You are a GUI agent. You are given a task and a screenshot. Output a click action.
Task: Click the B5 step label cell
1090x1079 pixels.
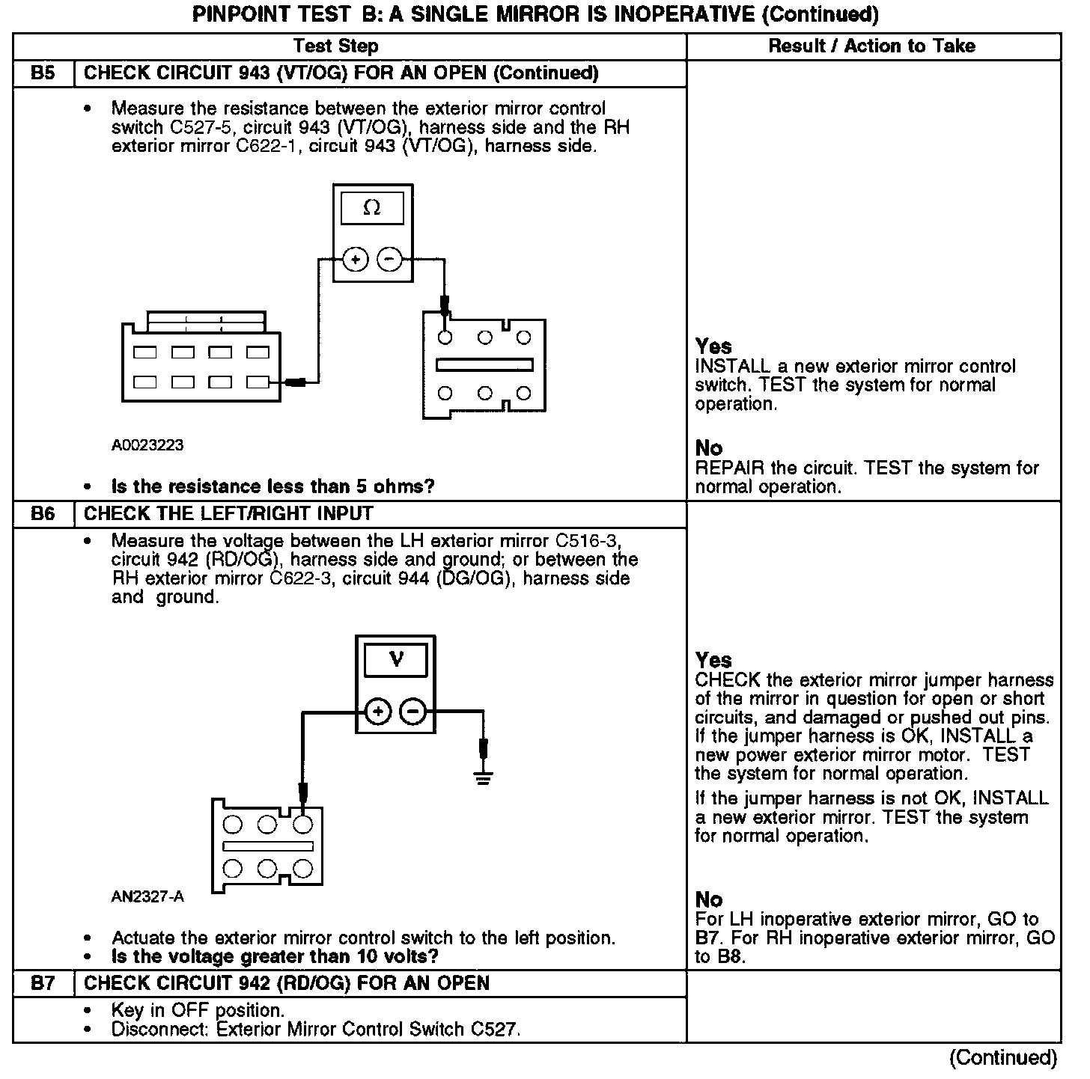(x=43, y=73)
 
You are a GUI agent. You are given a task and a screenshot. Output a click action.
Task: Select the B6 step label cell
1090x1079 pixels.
(x=43, y=514)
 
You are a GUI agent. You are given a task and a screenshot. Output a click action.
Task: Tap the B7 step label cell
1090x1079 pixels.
(x=43, y=983)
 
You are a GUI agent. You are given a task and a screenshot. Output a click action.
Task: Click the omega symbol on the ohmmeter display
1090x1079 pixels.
(x=371, y=209)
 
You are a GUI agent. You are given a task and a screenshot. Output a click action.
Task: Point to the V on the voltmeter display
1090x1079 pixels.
(x=396, y=659)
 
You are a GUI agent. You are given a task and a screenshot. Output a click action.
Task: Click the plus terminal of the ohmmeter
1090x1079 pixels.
(x=356, y=260)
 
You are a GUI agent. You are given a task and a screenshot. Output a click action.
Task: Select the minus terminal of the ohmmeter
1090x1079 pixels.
(x=389, y=260)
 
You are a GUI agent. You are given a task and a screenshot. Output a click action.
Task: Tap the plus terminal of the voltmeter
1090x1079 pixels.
(x=379, y=711)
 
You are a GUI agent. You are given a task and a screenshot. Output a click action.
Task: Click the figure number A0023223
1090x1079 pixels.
(x=147, y=445)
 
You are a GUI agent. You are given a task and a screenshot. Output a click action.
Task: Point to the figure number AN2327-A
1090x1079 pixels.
(x=147, y=896)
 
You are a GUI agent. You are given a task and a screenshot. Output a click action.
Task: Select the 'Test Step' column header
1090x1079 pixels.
(x=336, y=46)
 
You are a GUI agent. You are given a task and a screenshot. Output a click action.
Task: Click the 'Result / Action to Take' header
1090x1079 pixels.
(x=872, y=46)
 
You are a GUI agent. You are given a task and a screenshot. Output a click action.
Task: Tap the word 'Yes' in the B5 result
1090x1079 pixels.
(x=713, y=346)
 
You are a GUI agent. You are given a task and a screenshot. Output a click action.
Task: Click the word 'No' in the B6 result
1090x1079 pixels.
(x=709, y=899)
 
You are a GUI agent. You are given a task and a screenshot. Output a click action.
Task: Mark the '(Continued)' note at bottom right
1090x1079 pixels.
(x=1003, y=1057)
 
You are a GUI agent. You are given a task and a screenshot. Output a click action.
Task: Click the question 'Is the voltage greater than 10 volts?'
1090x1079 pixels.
(x=275, y=956)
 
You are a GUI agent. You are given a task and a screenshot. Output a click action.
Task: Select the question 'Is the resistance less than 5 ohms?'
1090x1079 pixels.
(x=272, y=486)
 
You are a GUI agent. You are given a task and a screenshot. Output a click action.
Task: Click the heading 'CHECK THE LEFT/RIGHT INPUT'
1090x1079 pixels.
(x=228, y=514)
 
